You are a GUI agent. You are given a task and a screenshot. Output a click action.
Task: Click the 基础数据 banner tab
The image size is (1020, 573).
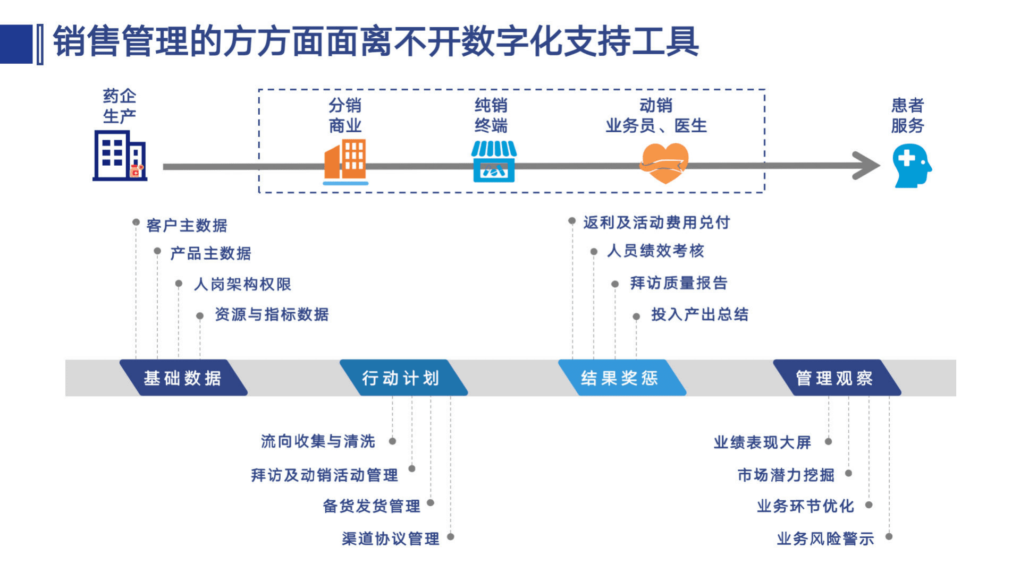click(x=182, y=378)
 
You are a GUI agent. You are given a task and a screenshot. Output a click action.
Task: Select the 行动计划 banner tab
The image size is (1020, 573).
click(x=401, y=378)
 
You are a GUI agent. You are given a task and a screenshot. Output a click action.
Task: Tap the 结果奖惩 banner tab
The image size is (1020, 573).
click(x=620, y=378)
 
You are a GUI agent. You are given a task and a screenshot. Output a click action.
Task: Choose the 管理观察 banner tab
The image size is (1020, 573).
click(x=835, y=378)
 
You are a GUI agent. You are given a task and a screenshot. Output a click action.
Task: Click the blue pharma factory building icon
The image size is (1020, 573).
click(x=120, y=156)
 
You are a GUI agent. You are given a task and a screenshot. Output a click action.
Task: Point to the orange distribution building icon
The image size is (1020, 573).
click(x=345, y=161)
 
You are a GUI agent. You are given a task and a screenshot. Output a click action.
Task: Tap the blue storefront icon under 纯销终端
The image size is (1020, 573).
click(x=494, y=161)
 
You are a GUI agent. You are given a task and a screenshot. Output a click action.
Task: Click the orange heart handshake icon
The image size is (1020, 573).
click(x=665, y=163)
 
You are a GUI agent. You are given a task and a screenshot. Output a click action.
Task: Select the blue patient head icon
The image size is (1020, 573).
click(x=912, y=166)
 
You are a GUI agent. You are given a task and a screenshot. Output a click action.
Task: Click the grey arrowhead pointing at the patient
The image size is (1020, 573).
click(x=866, y=166)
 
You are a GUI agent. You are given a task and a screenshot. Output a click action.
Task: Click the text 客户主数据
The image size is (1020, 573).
click(x=187, y=226)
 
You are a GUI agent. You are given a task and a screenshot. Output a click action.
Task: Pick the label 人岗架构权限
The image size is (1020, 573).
click(x=242, y=284)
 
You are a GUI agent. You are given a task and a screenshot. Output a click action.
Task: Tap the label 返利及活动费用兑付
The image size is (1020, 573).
click(x=656, y=223)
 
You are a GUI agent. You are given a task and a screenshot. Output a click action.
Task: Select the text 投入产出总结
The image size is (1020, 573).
click(x=699, y=314)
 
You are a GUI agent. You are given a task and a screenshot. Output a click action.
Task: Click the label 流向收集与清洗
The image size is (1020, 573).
click(x=318, y=441)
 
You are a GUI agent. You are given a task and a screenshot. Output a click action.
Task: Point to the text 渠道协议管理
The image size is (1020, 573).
click(x=391, y=538)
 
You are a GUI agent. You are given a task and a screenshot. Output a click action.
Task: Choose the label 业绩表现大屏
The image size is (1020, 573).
click(x=762, y=442)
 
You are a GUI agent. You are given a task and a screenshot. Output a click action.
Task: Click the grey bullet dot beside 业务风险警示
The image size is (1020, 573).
click(x=889, y=536)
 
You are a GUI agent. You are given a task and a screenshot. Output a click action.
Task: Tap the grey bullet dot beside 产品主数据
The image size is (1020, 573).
click(x=157, y=251)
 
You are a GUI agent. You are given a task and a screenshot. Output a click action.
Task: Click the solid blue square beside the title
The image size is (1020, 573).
click(x=16, y=44)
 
